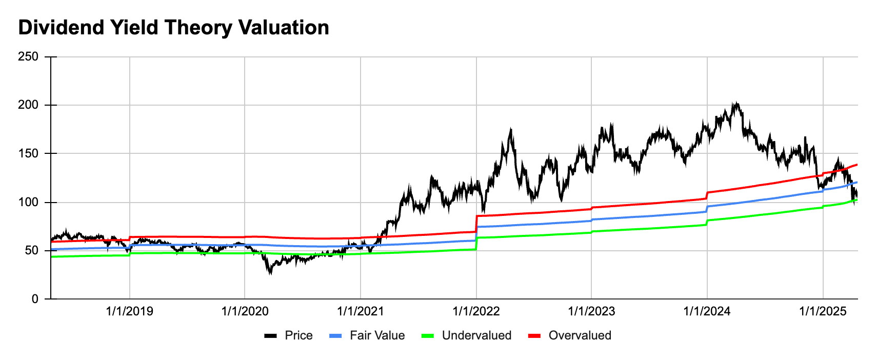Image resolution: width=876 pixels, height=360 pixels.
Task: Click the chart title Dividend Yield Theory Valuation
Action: click(173, 28)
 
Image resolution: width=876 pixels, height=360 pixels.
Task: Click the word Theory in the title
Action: click(198, 28)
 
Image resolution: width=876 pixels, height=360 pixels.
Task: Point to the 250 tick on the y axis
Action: click(28, 56)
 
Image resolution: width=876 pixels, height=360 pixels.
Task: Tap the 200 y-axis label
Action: click(28, 105)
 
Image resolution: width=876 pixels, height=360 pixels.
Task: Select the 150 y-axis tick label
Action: click(28, 153)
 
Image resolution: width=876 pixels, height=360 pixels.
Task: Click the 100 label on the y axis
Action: click(28, 202)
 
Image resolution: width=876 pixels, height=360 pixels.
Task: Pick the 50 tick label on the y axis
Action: click(31, 250)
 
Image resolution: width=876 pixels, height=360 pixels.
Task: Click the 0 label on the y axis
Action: click(35, 299)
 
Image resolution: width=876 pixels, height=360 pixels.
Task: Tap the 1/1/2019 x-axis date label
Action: click(129, 311)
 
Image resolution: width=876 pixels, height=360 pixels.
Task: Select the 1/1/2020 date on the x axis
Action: click(245, 311)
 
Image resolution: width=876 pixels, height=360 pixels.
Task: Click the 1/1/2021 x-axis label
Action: click(361, 311)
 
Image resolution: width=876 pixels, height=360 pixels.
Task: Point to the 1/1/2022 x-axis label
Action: click(476, 311)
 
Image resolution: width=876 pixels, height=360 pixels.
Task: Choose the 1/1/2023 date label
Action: click(591, 311)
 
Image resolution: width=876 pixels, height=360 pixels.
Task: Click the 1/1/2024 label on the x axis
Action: click(707, 311)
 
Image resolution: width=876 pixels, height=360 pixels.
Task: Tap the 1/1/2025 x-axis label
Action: click(823, 311)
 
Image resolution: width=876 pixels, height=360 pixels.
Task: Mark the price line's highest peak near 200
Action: click(735, 103)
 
